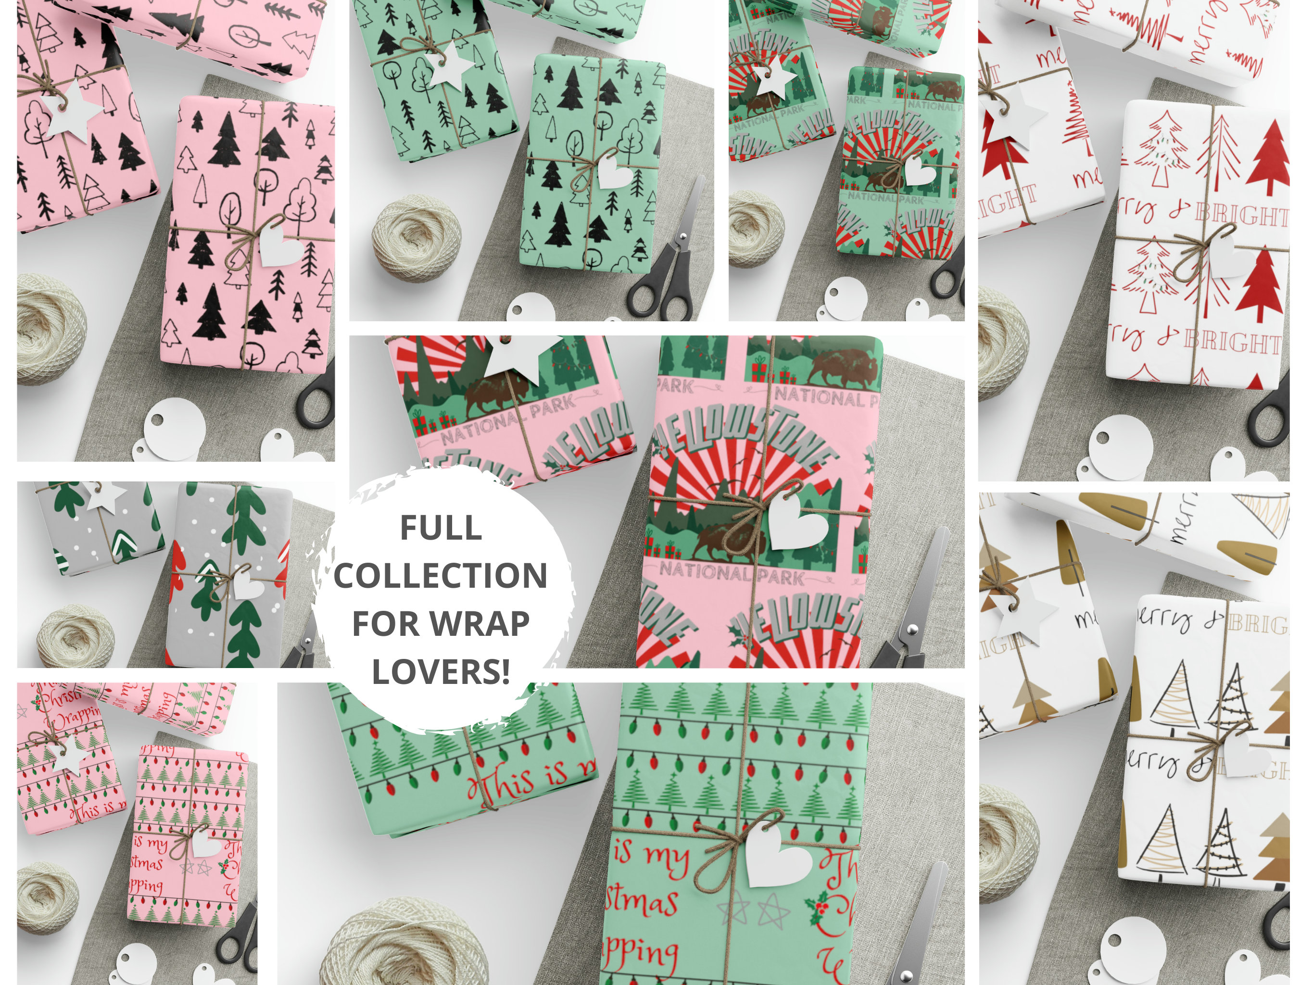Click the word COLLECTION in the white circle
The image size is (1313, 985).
441,575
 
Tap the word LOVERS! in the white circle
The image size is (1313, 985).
441,671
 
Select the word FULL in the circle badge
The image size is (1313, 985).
441,527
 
